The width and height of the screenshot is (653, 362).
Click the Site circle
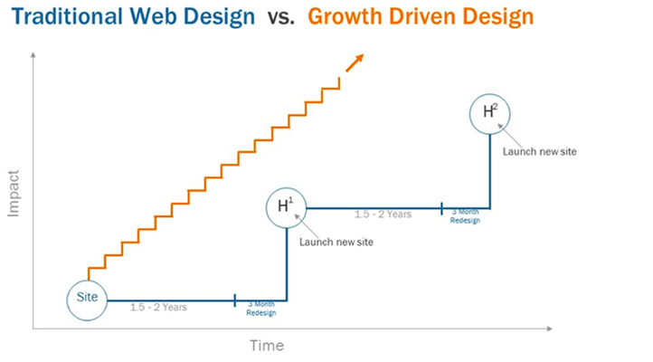click(88, 297)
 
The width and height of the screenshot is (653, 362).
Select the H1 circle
click(286, 206)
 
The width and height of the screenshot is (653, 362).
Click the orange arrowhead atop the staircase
click(357, 60)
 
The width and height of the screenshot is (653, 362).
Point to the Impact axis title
click(14, 193)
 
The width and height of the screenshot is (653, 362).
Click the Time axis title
click(267, 346)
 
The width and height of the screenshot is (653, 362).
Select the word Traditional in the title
click(66, 17)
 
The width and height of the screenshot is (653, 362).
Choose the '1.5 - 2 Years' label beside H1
click(383, 214)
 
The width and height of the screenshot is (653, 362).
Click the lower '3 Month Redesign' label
click(261, 309)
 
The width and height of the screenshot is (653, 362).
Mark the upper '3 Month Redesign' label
click(465, 215)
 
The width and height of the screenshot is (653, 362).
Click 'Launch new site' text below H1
click(336, 242)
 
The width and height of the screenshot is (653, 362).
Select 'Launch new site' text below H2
click(539, 150)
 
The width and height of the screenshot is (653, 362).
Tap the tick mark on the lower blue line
click(234, 300)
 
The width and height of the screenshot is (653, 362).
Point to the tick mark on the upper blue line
click(442, 208)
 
